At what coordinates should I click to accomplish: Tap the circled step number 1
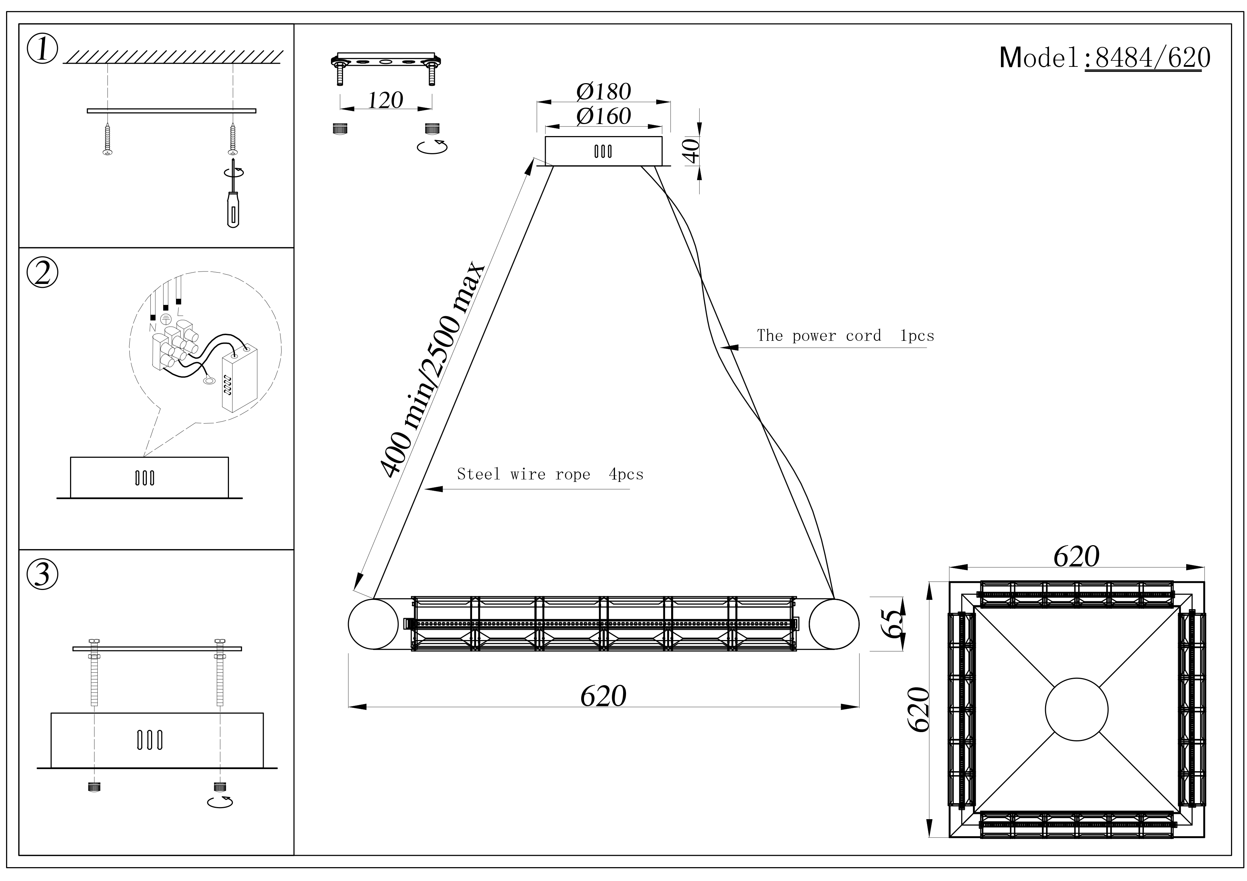(x=42, y=49)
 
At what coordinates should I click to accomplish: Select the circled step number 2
(x=42, y=273)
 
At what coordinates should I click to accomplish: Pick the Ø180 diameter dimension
(x=603, y=91)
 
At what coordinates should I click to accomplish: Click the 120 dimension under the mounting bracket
(x=386, y=101)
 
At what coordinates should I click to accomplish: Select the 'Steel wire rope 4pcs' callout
(x=550, y=474)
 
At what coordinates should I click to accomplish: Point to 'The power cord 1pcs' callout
(x=845, y=335)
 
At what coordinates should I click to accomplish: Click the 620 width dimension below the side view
(x=603, y=695)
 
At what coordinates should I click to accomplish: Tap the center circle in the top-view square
(x=1076, y=709)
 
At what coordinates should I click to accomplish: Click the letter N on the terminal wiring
(x=152, y=327)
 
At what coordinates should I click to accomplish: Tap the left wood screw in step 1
(x=107, y=139)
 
